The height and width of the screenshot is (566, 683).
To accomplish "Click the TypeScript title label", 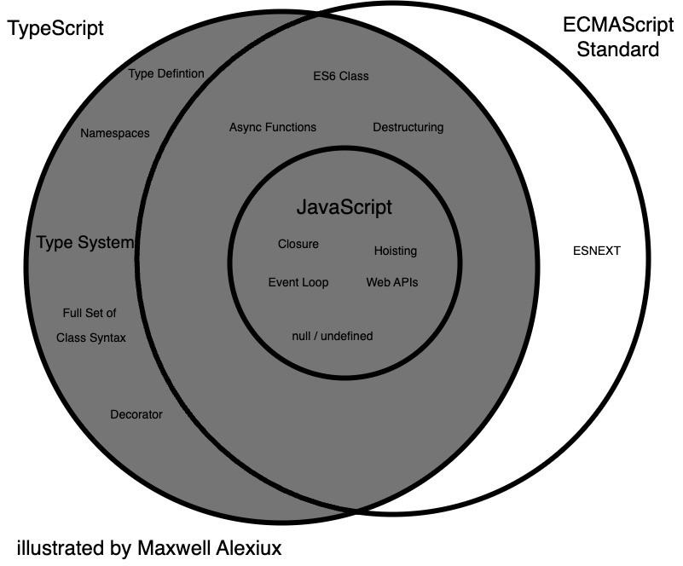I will click(55, 28).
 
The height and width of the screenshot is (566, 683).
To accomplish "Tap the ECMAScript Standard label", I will click(618, 38).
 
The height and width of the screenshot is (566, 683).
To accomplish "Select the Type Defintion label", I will click(166, 73).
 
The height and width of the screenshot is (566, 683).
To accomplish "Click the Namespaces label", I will click(115, 133).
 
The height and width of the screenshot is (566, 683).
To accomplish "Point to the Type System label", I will click(85, 243).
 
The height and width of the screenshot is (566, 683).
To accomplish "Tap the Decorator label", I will click(136, 415).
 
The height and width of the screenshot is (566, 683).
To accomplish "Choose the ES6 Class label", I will click(341, 76).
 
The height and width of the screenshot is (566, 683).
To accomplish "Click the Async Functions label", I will click(273, 127).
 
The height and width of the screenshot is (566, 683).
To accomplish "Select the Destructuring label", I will click(408, 127).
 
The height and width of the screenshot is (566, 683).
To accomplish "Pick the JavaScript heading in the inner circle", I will click(344, 207).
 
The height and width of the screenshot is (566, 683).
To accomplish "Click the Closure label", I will click(298, 244).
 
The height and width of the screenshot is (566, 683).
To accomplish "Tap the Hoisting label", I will click(396, 251).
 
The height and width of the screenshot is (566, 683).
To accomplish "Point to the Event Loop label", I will click(298, 282).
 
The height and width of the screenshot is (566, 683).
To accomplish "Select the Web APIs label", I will click(392, 282).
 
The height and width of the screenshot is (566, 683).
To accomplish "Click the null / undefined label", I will click(333, 336).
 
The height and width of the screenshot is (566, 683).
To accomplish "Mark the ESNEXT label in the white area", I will click(597, 251).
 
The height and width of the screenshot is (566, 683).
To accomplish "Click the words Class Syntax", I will click(91, 338).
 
